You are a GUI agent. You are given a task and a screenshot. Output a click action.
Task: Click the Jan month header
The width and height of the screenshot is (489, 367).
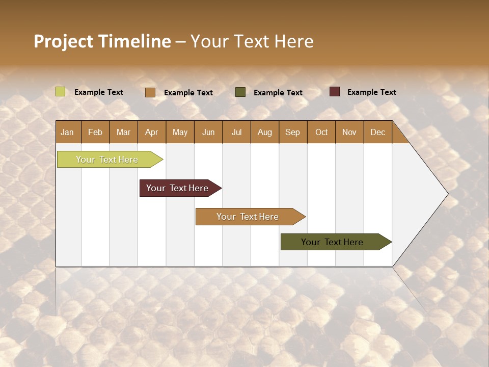tap(68, 132)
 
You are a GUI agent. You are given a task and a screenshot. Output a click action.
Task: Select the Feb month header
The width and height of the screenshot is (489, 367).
tap(95, 132)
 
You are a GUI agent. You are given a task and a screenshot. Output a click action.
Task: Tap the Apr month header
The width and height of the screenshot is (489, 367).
tap(151, 132)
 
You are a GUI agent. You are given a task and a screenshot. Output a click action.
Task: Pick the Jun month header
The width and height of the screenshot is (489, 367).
tap(208, 132)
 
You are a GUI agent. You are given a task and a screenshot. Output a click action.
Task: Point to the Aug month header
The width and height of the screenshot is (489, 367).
tap(264, 132)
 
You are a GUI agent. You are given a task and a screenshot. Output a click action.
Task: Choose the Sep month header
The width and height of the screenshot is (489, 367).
tap(292, 132)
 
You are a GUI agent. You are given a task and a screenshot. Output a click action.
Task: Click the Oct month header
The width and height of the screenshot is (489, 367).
tap(321, 132)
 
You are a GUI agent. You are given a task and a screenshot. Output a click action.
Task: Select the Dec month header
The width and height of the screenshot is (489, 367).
tap(377, 132)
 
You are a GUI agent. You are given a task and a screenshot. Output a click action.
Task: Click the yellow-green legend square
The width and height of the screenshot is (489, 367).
tap(61, 92)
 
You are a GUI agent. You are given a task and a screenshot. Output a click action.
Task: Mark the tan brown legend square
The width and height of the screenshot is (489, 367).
tap(150, 92)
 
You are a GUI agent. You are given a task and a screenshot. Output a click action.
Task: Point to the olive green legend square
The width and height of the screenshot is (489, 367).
tap(240, 92)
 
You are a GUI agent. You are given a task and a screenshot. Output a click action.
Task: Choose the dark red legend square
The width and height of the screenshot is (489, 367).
tap(335, 92)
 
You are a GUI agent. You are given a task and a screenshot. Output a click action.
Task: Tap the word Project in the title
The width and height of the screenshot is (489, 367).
tap(63, 41)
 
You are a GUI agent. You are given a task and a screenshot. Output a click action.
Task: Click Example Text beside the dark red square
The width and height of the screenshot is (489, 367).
tap(371, 92)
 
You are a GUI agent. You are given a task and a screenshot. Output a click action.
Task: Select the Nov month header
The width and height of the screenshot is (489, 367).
tap(349, 132)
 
